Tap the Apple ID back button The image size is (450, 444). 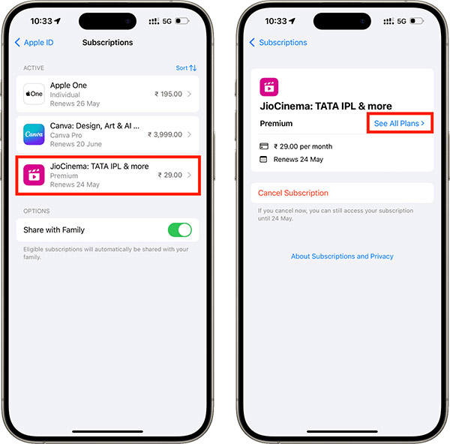(34, 43)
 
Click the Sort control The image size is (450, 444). (186, 67)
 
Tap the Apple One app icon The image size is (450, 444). (34, 94)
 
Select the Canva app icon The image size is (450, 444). (34, 134)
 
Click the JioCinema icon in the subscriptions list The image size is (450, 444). (34, 175)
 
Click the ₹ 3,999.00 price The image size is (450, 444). (164, 134)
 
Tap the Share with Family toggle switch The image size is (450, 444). (179, 230)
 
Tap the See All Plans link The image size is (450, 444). (399, 123)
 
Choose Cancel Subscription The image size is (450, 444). (293, 193)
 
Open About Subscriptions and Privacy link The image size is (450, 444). (342, 256)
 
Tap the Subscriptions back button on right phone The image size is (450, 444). (278, 43)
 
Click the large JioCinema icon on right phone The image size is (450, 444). (269, 87)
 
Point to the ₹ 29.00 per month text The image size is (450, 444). (304, 146)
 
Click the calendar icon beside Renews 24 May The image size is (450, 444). (264, 159)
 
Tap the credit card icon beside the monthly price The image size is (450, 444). (264, 146)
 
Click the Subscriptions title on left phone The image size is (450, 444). (107, 43)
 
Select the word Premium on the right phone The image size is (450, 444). (276, 124)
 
